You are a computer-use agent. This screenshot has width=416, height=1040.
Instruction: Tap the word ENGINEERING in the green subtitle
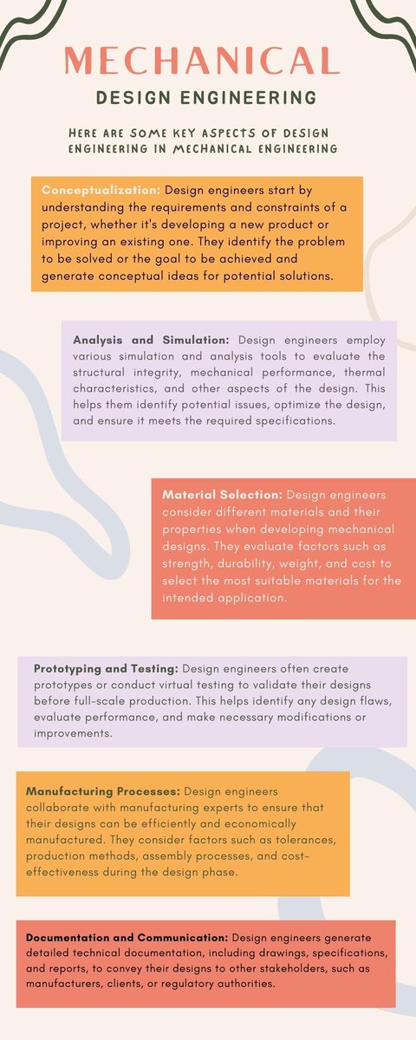point(258,97)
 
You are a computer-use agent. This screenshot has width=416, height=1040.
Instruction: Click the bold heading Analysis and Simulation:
point(153,340)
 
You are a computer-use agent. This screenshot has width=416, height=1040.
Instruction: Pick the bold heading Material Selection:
point(222,494)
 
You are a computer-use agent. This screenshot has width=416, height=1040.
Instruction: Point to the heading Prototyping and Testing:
point(106,669)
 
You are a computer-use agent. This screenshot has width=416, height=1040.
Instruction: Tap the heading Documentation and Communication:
point(127,938)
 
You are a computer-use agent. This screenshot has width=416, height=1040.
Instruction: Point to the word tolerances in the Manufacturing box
point(297,839)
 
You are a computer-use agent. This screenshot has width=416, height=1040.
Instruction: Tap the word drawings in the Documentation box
point(252,953)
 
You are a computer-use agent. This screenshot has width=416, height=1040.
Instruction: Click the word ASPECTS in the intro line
point(207,133)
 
